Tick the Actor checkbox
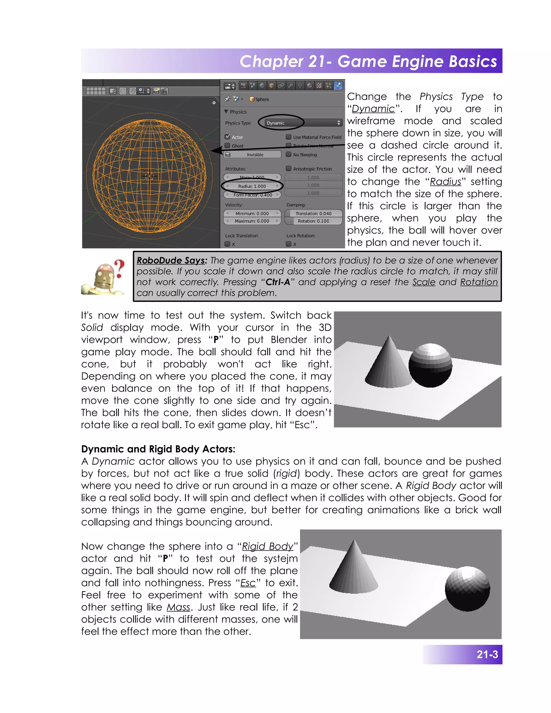tap(228, 137)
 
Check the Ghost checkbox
tap(228, 146)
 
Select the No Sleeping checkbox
tap(289, 154)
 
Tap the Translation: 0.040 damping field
tap(313, 214)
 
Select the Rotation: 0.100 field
tap(313, 221)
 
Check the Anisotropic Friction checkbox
tap(289, 168)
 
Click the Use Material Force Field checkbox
tap(289, 137)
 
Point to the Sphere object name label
tap(262, 99)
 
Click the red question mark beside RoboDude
tap(120, 268)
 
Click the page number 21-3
tap(487, 655)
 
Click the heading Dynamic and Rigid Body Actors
tap(158, 449)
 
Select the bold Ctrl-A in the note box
tap(278, 282)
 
